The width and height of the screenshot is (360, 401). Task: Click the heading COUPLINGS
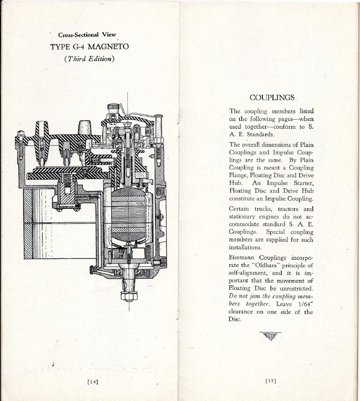pyautogui.click(x=272, y=98)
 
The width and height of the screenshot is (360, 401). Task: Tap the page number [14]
pyautogui.click(x=93, y=382)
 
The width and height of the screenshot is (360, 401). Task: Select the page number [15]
pyautogui.click(x=271, y=381)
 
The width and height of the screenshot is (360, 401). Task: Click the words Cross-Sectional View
pyautogui.click(x=87, y=35)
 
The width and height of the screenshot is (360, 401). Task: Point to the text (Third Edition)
pyautogui.click(x=89, y=59)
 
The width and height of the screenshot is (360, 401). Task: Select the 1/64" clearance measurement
pyautogui.click(x=306, y=304)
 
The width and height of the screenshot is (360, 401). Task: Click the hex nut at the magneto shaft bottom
pyautogui.click(x=129, y=296)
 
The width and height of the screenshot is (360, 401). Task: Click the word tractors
pyautogui.click(x=288, y=209)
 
